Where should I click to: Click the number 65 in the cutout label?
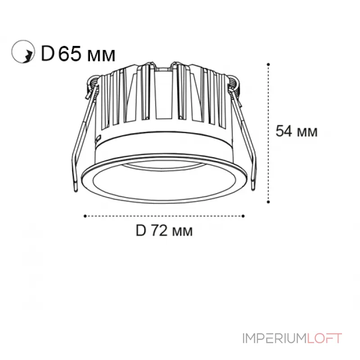pos(70,54)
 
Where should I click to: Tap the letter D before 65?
pos(47,54)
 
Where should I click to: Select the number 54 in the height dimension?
pos(284,131)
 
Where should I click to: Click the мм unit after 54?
pos(308,132)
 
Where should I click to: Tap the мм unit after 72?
pos(182,232)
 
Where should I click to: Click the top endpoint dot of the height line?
pos(269,64)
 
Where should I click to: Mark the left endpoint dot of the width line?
pos(85,216)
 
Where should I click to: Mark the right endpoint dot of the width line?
pos(243,216)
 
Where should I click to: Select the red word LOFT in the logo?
pos(324,338)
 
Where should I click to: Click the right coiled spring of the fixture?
pos(235,85)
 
